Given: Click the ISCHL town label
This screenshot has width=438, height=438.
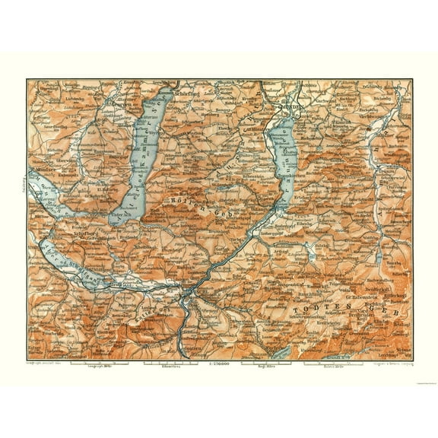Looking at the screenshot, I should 199,290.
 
